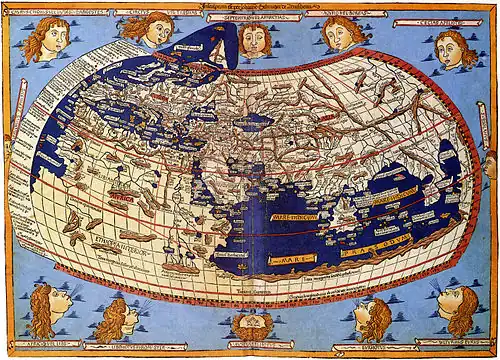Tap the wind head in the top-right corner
click(455, 46)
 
